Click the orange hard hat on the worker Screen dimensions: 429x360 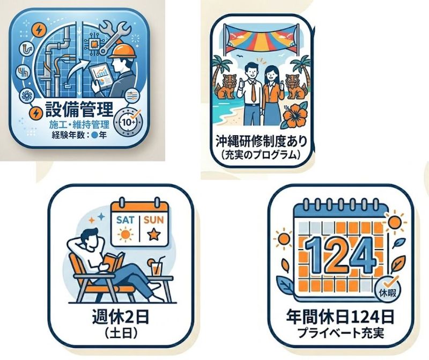(x=122, y=51)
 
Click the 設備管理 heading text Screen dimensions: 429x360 (x=79, y=109)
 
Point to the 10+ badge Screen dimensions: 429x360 (x=128, y=122)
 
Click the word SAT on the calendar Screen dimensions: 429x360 (x=125, y=220)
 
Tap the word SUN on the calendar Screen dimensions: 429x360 (x=154, y=220)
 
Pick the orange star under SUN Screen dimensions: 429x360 (x=153, y=234)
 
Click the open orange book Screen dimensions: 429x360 (x=115, y=261)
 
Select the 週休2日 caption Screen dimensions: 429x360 (x=121, y=318)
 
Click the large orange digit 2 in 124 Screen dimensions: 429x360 (x=339, y=255)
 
